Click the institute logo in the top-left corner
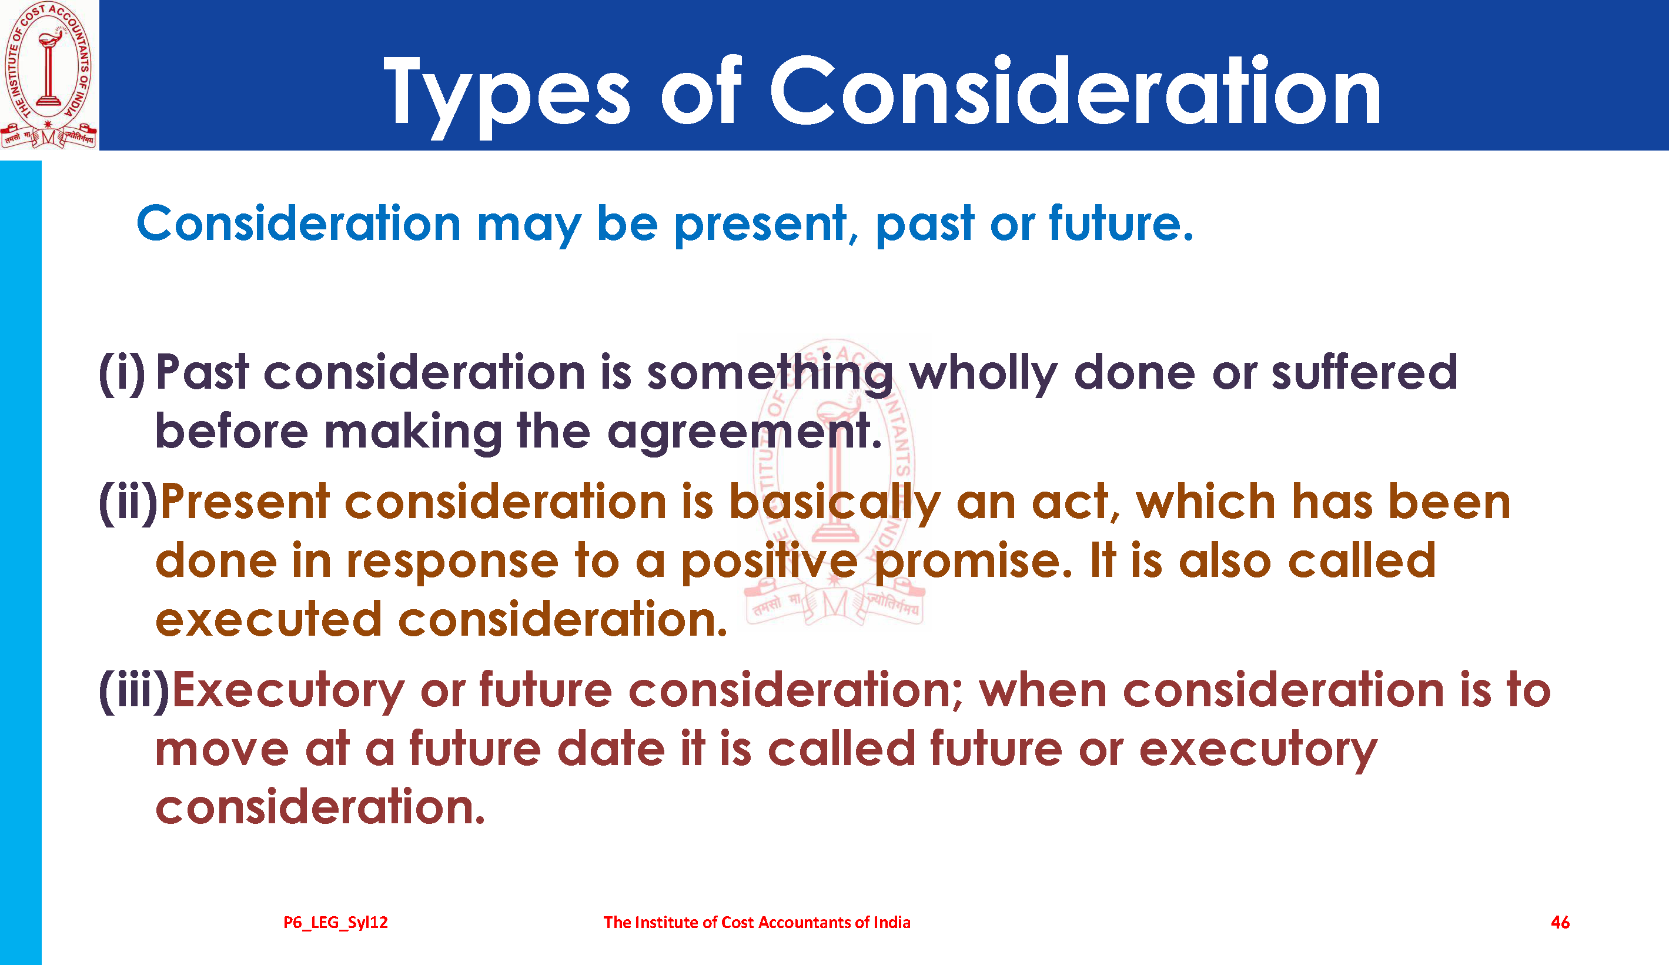pyautogui.click(x=49, y=75)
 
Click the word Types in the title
pyautogui.click(x=507, y=96)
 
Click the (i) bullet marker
pyautogui.click(x=121, y=373)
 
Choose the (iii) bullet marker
pyautogui.click(x=135, y=691)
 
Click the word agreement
pyautogui.click(x=744, y=432)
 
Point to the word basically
pyautogui.click(x=835, y=502)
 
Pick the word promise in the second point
pyautogui.click(x=973, y=562)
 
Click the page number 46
pyautogui.click(x=1560, y=923)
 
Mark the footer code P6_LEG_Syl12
pyautogui.click(x=336, y=923)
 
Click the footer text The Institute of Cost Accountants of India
pyautogui.click(x=757, y=923)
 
